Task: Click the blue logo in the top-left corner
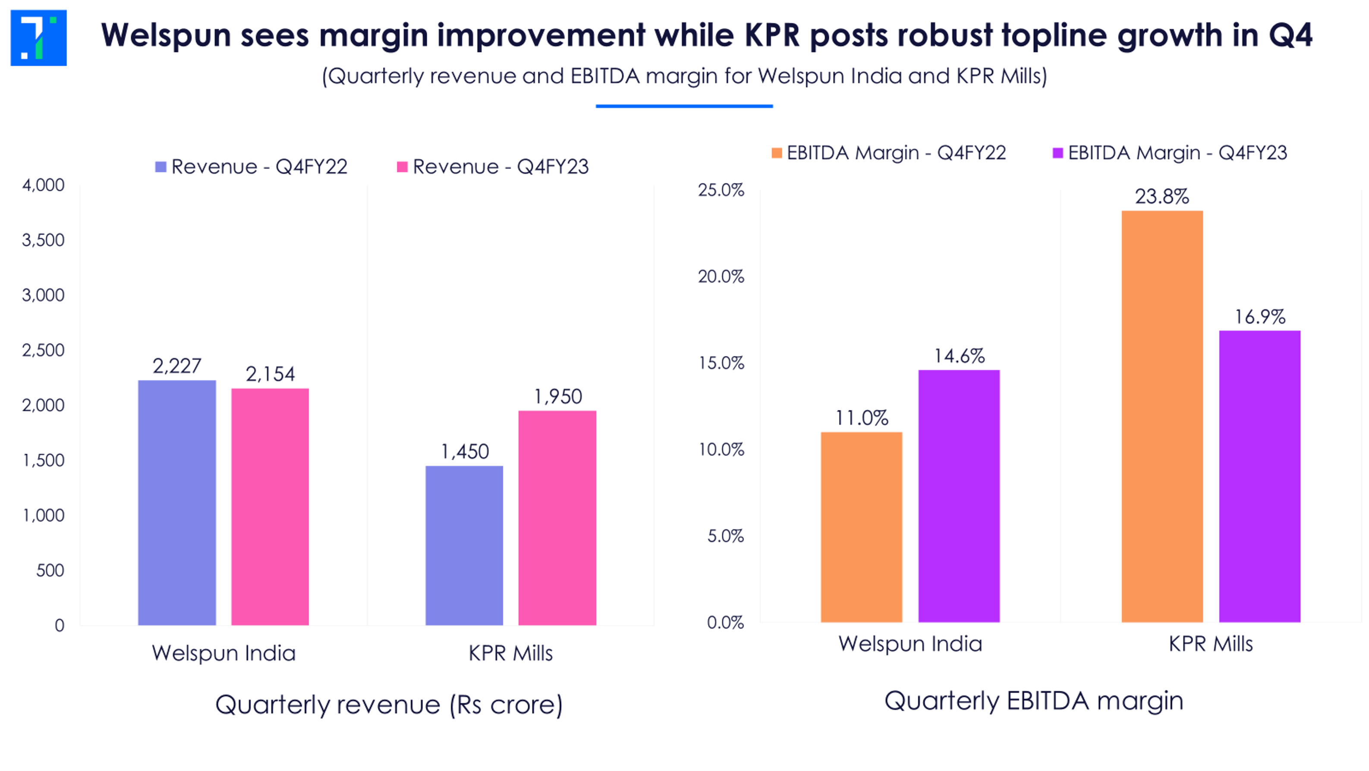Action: tap(38, 38)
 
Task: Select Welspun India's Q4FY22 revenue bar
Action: tap(177, 502)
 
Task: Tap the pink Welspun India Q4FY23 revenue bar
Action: tap(270, 507)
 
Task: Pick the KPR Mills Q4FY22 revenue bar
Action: tap(464, 545)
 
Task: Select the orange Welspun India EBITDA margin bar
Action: tap(862, 527)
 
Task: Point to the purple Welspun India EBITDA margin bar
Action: tap(959, 496)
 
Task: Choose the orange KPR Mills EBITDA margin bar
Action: tap(1162, 416)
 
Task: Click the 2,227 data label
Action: tap(177, 366)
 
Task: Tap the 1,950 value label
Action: tap(558, 397)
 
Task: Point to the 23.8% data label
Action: tap(1162, 197)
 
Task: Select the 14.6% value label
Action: tap(959, 356)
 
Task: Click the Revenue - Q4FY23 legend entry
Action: tap(493, 167)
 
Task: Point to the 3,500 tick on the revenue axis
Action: tap(43, 240)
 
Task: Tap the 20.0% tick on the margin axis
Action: tap(721, 276)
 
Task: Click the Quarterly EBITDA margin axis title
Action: tap(1034, 701)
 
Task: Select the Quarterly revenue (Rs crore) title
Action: tap(389, 705)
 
